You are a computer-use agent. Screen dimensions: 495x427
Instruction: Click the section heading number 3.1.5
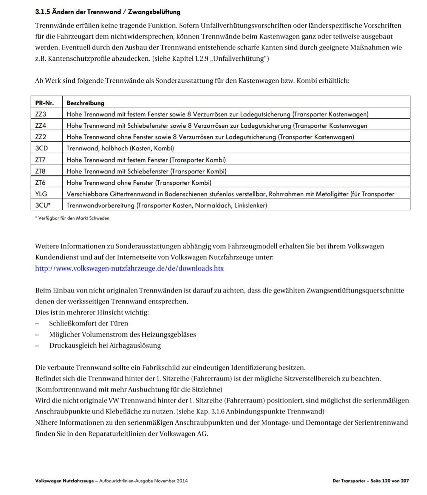pos(42,12)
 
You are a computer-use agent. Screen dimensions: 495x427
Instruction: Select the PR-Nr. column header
pos(44,103)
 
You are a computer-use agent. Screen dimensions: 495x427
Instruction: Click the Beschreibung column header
pos(85,103)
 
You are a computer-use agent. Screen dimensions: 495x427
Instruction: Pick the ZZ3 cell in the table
pos(41,114)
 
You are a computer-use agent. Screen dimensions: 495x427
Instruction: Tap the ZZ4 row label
pos(41,125)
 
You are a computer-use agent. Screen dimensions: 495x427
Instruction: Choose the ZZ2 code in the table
pos(41,137)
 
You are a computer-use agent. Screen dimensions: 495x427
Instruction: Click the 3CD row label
pos(42,148)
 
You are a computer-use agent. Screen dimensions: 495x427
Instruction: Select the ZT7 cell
pos(40,160)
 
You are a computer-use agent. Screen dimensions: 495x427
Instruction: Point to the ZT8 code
pos(40,171)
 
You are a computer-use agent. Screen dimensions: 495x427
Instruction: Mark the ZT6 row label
pos(40,183)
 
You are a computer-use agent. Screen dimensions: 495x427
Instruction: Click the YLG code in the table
pos(41,194)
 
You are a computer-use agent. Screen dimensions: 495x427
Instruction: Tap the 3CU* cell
pos(43,205)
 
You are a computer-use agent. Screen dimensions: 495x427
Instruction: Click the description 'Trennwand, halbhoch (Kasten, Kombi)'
pos(120,148)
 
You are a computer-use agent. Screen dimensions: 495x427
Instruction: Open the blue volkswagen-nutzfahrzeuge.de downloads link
pos(129,268)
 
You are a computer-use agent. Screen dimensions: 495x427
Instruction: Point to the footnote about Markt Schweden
pos(72,218)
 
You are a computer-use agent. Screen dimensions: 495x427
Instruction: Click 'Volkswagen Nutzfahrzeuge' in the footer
pos(64,481)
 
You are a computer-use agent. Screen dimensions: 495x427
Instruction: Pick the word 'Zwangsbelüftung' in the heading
pos(154,12)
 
